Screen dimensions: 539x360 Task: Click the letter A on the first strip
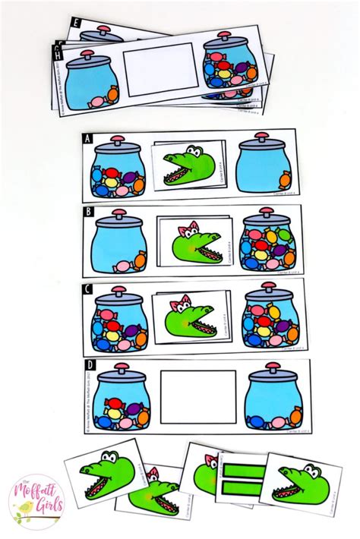[x=88, y=139]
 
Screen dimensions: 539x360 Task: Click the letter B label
[x=89, y=213]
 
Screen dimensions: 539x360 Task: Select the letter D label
[x=90, y=365]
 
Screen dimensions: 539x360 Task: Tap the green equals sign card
[x=242, y=479]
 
